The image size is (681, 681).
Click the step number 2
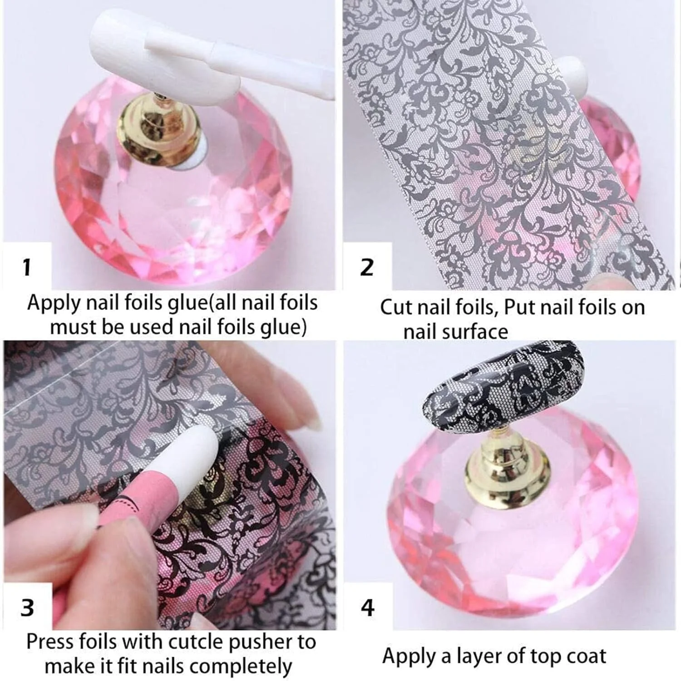click(366, 267)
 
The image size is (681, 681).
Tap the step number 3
click(27, 607)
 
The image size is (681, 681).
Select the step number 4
click(368, 607)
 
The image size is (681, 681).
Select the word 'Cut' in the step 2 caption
click(395, 307)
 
